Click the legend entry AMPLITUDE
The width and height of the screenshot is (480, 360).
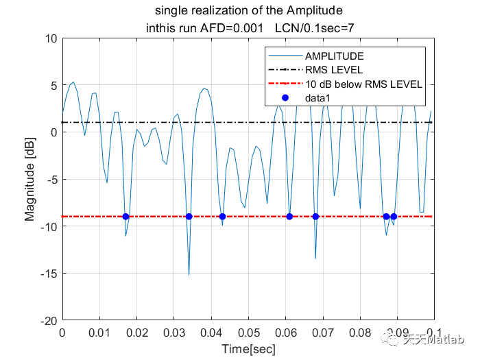pos(335,56)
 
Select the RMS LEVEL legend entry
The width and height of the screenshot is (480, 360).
pos(334,70)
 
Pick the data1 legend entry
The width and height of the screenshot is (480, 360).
pos(318,99)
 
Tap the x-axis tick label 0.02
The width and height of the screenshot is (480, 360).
pos(136,333)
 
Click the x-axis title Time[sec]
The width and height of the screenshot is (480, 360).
pos(248,349)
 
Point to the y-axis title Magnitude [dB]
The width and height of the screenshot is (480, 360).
pos(29,179)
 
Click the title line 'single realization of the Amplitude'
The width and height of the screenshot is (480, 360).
pos(248,11)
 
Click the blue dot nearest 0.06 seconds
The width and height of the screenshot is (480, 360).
pos(289,217)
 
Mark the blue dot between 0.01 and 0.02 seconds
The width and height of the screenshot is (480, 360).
pos(125,217)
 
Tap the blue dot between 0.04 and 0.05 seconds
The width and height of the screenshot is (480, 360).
pos(222,217)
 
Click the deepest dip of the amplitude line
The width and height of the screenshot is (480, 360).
pos(189,274)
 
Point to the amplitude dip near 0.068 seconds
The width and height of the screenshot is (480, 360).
pos(315,258)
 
